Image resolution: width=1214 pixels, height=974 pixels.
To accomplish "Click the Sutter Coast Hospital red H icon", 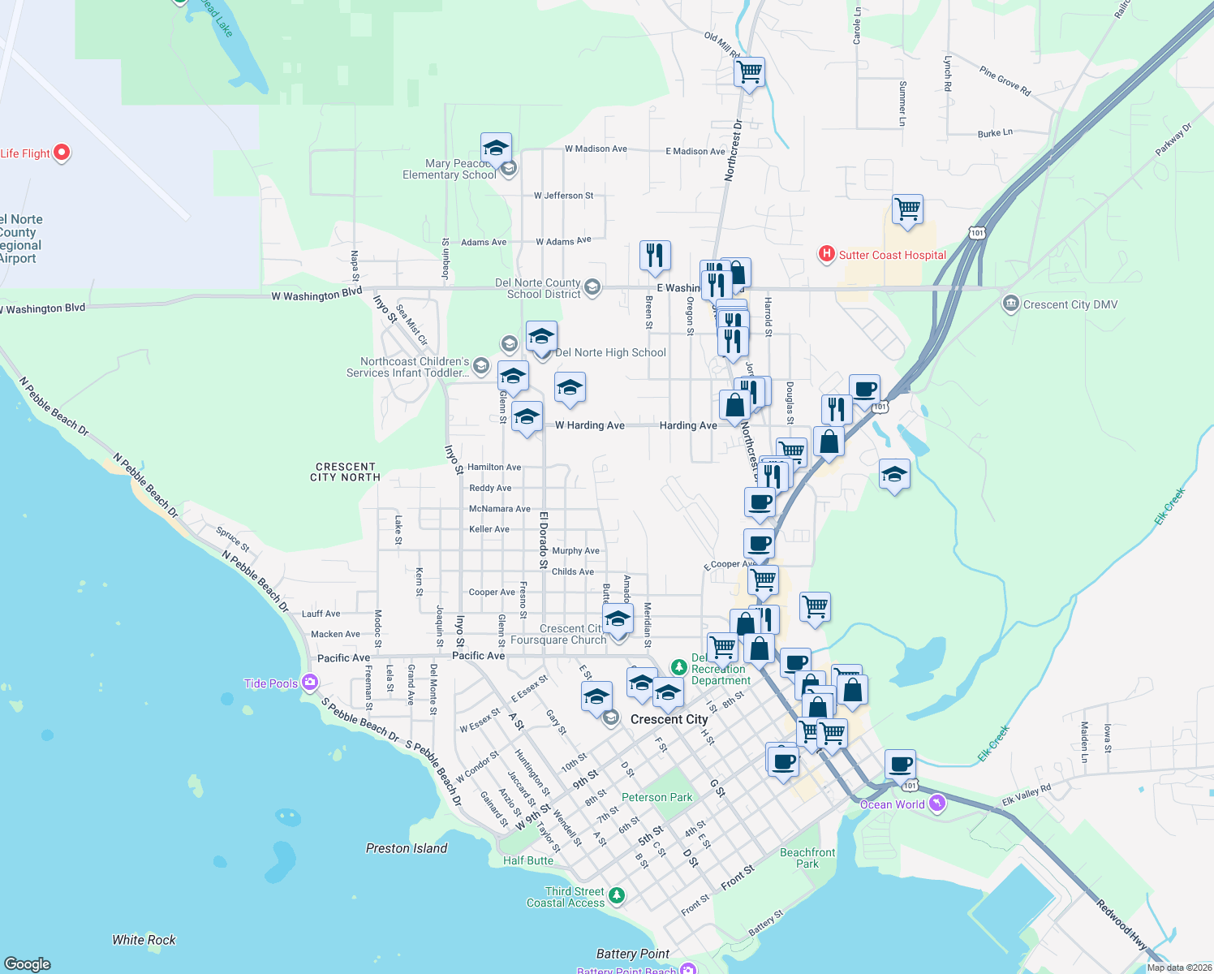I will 826,255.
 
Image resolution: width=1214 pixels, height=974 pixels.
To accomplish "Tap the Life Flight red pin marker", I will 62,153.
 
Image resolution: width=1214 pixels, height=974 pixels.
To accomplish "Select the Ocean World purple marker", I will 937,804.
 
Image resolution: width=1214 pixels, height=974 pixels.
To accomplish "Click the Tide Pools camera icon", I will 309,683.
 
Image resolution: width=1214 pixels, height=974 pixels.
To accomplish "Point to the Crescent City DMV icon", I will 1011,304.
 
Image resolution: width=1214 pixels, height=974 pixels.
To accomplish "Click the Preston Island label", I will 407,848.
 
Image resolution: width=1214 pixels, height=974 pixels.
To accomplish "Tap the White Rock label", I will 144,940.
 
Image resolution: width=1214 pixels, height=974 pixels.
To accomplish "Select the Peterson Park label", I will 657,797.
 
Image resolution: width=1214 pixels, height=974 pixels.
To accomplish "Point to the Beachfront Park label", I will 807,858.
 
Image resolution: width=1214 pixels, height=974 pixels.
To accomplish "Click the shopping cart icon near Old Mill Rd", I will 749,72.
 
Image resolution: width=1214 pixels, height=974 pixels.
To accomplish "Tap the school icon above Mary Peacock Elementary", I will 496,149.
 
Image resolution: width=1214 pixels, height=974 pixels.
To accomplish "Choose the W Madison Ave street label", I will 596,149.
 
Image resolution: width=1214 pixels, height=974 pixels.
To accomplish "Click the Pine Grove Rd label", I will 1005,82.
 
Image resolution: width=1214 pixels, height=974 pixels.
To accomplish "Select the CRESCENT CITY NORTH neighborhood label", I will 346,472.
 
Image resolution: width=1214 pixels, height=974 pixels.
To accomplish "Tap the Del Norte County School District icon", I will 592,287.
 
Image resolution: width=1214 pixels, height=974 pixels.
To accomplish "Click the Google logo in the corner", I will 28,963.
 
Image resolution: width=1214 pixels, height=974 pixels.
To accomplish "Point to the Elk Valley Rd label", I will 1027,794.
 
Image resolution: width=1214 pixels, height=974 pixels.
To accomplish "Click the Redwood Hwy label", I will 1121,924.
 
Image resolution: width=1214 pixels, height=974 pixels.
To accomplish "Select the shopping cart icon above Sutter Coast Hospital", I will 907,209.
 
